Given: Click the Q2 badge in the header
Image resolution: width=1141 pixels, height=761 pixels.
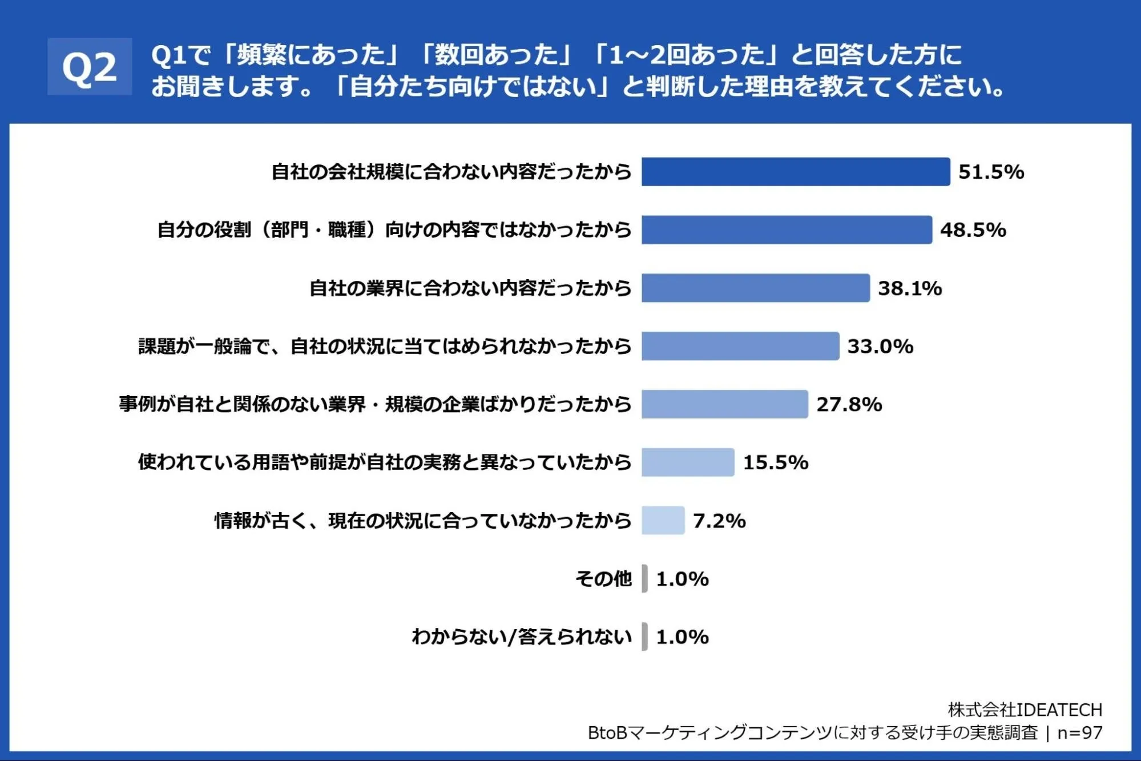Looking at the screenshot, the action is click(90, 66).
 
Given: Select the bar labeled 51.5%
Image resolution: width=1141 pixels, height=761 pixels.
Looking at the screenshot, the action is click(796, 172).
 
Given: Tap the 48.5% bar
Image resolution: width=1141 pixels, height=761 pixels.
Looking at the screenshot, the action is click(787, 229).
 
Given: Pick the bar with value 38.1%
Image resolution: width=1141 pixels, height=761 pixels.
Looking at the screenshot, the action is click(756, 288).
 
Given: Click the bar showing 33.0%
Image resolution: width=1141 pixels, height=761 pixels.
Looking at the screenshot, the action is click(740, 346).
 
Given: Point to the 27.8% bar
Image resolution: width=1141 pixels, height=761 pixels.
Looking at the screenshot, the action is click(725, 404).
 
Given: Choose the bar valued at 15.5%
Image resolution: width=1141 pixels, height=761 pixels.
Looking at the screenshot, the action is click(688, 462).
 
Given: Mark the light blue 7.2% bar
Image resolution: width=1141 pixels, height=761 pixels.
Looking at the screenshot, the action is click(663, 520).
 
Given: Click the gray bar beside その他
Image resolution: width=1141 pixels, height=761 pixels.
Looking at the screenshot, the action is click(644, 578).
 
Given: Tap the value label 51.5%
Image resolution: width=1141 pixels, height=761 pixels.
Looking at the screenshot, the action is click(991, 172).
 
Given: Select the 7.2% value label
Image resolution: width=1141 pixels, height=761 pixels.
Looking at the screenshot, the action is click(719, 521).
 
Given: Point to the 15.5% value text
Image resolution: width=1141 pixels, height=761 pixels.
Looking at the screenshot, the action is click(776, 462).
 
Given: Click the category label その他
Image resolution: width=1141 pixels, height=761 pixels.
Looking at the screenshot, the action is click(603, 579).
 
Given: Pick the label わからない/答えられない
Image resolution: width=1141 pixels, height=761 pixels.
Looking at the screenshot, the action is click(522, 637).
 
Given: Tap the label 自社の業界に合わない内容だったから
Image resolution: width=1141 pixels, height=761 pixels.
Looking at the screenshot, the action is click(470, 288).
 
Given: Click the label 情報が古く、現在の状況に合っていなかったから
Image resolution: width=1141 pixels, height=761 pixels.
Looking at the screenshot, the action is click(423, 521).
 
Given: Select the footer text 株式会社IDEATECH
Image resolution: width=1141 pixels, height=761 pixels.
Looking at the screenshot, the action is click(1025, 710).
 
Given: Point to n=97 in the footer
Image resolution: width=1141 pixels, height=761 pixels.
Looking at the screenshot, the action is click(1080, 732).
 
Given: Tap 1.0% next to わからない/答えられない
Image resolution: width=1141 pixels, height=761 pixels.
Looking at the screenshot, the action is click(682, 637).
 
